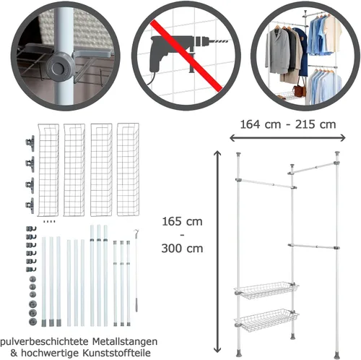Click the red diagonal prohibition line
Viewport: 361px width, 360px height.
(x=186, y=56)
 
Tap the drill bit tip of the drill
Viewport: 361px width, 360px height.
(x=229, y=41)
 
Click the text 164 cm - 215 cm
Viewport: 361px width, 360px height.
(x=288, y=124)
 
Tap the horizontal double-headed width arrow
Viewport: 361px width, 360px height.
(x=287, y=138)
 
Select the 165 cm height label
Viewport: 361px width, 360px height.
(x=182, y=221)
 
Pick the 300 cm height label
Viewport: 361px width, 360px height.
(x=182, y=248)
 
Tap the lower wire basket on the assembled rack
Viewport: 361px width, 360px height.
(x=266, y=319)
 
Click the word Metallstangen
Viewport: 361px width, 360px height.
(x=125, y=341)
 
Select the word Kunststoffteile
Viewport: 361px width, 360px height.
(x=117, y=353)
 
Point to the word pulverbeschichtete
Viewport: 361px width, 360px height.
(x=45, y=342)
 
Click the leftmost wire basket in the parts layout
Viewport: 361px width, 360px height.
(x=48, y=170)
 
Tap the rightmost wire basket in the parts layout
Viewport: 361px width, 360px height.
(x=128, y=169)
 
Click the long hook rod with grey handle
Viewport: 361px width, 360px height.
(x=136, y=271)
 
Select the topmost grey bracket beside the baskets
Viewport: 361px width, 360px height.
(x=30, y=143)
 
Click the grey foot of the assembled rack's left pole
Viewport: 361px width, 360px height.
(x=239, y=353)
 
